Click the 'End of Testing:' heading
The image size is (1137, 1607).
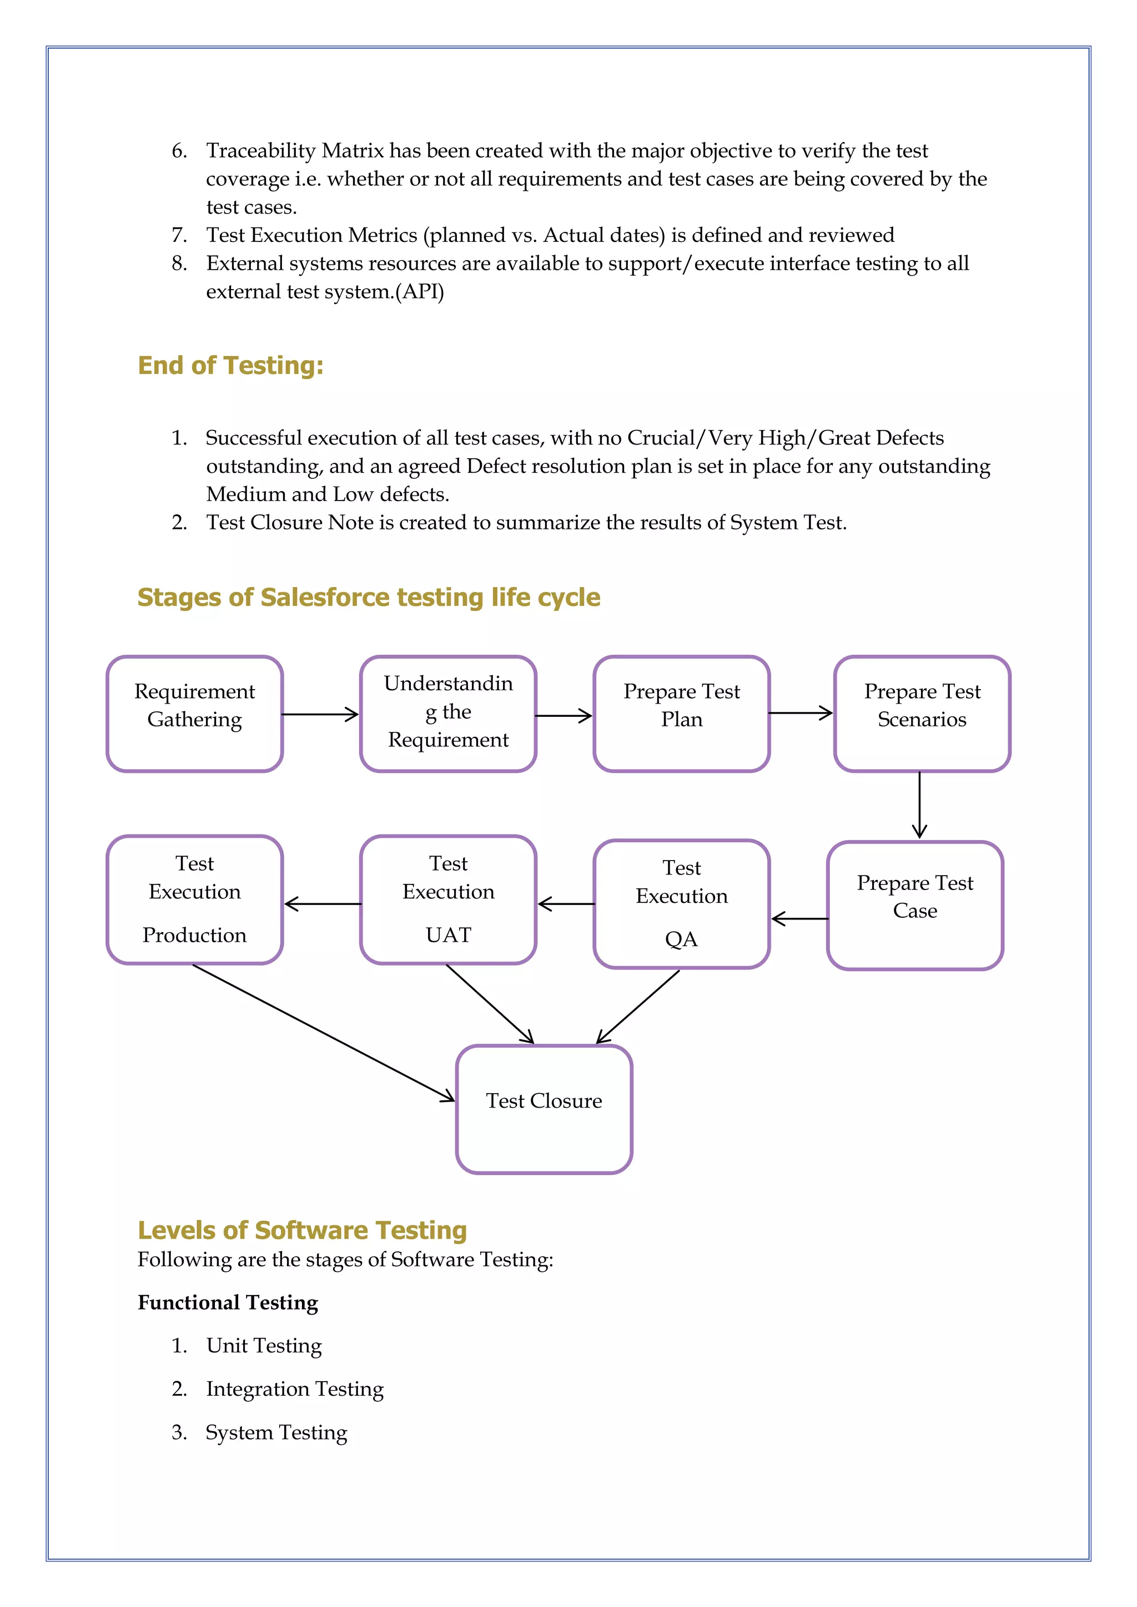230,365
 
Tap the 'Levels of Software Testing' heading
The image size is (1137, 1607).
302,1230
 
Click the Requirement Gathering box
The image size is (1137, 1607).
195,714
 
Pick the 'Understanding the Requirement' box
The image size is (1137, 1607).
448,714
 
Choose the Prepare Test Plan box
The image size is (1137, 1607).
681,714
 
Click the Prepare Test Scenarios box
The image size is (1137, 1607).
922,714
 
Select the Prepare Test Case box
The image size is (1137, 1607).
914,905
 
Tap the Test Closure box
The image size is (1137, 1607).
544,1109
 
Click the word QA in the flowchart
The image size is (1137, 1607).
681,939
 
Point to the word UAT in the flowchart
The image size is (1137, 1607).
448,935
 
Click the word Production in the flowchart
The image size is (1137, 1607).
195,935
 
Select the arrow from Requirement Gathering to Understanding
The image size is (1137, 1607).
320,715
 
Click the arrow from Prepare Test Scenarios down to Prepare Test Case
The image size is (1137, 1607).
919,805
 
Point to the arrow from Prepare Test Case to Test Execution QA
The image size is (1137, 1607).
799,919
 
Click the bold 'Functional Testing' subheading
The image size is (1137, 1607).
228,1302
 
